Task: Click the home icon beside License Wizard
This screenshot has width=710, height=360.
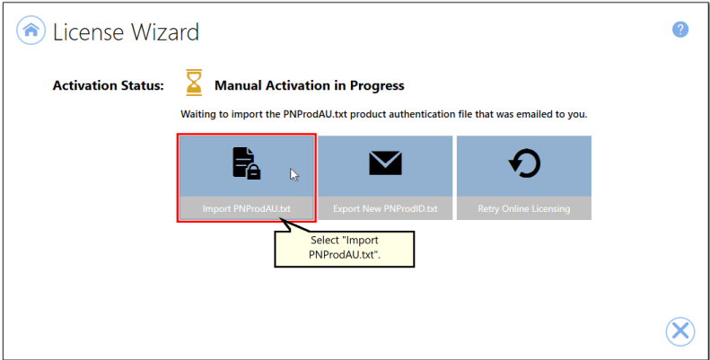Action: tap(31, 31)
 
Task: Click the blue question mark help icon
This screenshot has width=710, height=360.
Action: tap(680, 30)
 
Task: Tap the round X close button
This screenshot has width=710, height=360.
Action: tap(680, 331)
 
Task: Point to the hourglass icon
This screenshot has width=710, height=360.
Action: tap(194, 83)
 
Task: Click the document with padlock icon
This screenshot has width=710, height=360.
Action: tap(246, 163)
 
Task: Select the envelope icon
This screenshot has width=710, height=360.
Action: tap(385, 163)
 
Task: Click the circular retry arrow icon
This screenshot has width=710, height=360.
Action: tap(524, 163)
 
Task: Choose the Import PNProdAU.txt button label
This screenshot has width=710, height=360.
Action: tap(246, 209)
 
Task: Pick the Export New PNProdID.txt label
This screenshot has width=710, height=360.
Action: tap(385, 209)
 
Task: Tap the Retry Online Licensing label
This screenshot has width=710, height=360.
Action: tap(524, 209)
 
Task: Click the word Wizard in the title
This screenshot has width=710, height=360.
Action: tap(165, 31)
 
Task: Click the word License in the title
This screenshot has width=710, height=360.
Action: tap(88, 31)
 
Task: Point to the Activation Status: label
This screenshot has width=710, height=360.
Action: tap(109, 85)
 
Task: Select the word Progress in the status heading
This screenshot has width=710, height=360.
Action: tap(377, 85)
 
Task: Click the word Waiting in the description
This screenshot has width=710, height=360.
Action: tap(198, 114)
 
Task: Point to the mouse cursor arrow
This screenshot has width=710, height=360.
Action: tap(294, 175)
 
